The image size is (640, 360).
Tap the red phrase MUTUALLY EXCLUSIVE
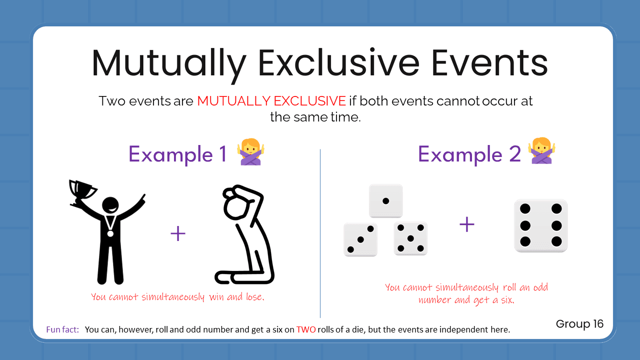(271, 101)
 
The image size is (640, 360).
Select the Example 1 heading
(177, 153)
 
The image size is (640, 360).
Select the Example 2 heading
(469, 153)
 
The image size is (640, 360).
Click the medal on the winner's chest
(110, 232)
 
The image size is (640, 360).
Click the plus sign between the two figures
(178, 233)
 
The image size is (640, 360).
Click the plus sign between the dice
(466, 224)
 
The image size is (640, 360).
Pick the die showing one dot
(385, 201)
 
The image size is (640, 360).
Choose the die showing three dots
(360, 239)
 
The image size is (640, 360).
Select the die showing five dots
(410, 238)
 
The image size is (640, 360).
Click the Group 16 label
(579, 324)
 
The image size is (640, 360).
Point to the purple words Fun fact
(62, 329)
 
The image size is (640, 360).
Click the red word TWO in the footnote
(306, 329)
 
